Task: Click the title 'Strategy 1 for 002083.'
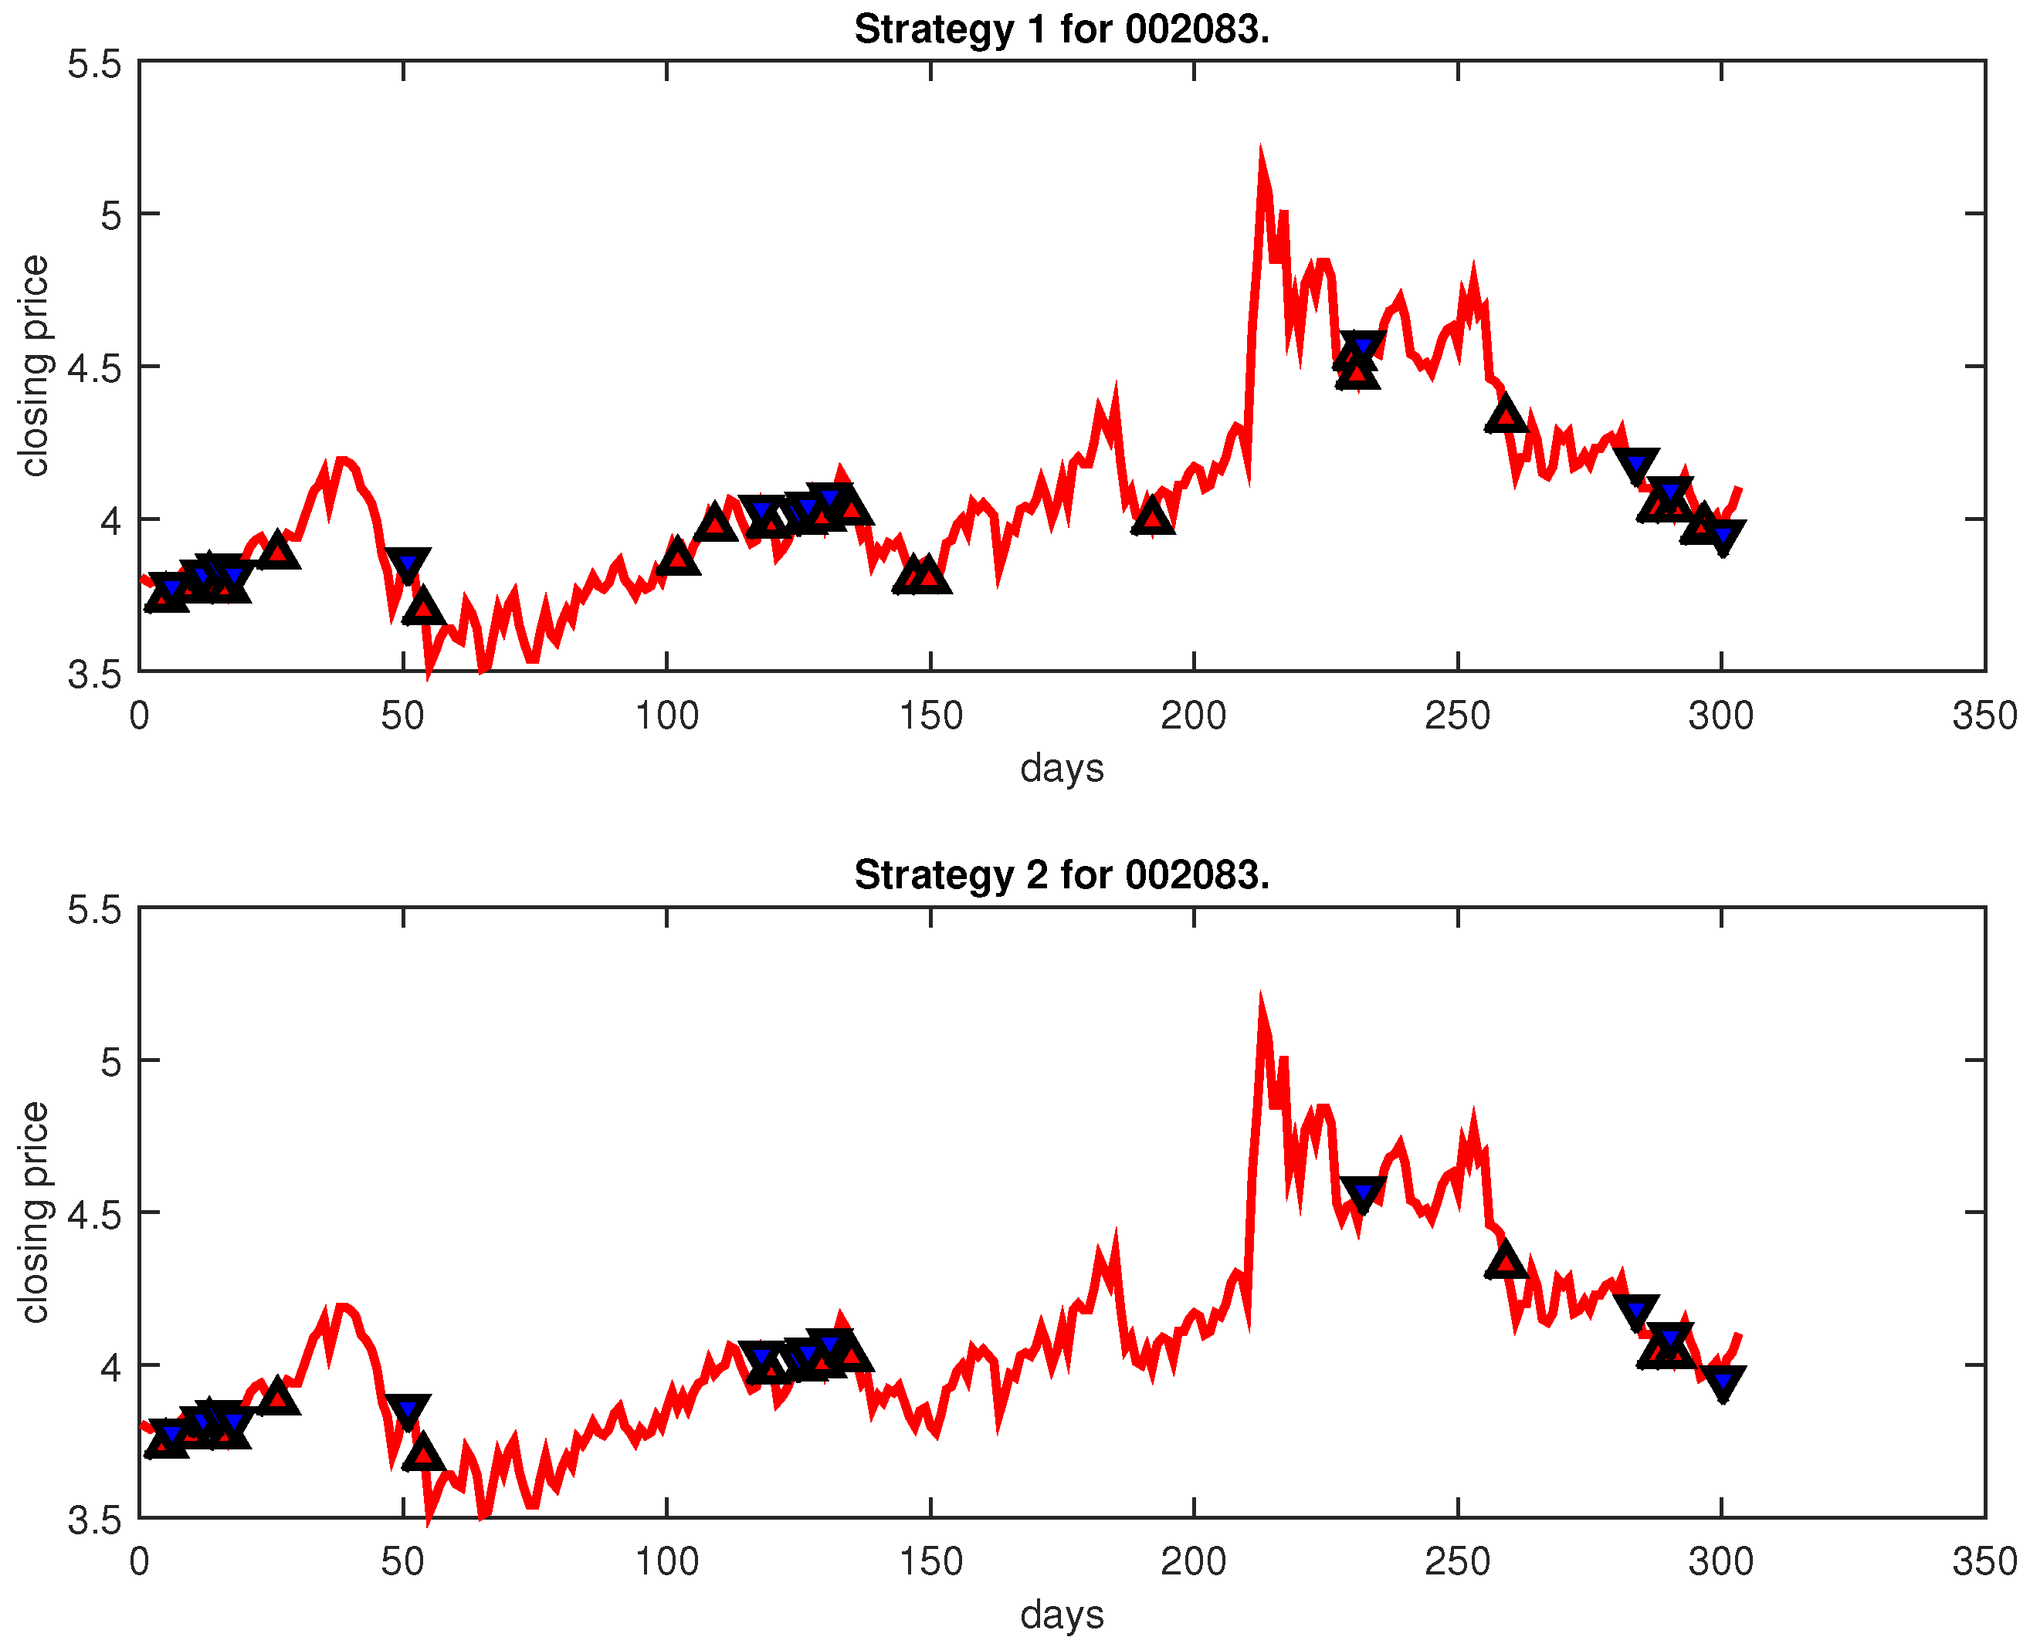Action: (1061, 29)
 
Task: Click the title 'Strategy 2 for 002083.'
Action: (1061, 874)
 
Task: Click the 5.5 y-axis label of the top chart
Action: (95, 65)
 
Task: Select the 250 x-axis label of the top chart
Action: (1457, 715)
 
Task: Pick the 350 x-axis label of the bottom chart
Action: (1984, 1561)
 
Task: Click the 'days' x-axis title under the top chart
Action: (1061, 767)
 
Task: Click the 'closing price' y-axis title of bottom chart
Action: (34, 1212)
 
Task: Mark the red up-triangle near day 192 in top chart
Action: (1152, 516)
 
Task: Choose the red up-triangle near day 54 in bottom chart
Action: (423, 1453)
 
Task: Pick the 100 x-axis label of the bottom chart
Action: (666, 1561)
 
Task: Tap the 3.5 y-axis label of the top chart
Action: (95, 675)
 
